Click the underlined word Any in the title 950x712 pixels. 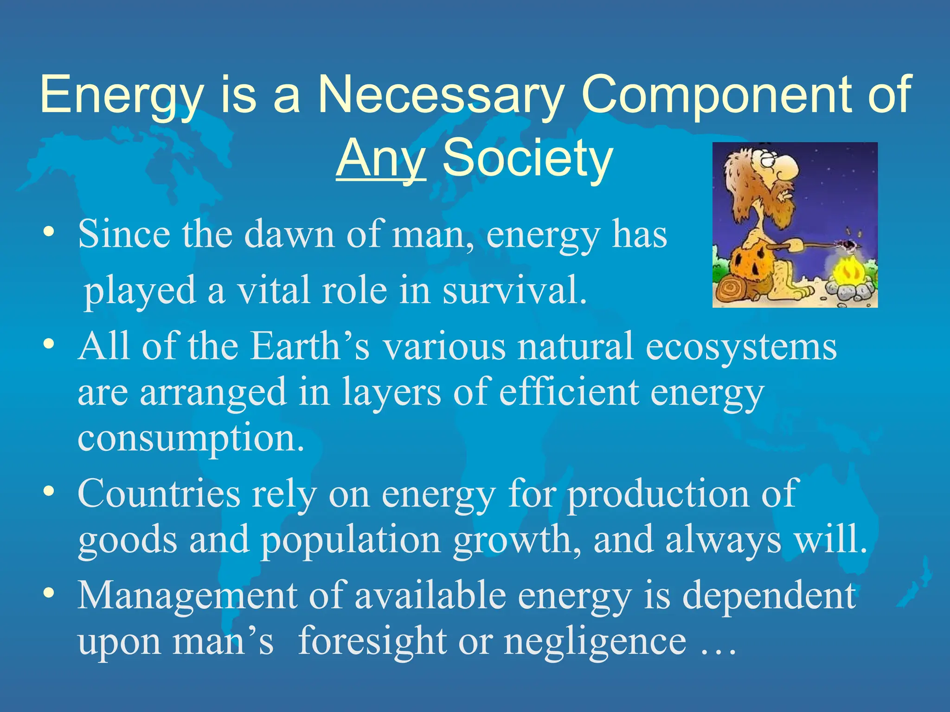(x=380, y=159)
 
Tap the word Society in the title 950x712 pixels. (x=528, y=159)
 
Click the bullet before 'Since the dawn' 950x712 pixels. (x=49, y=232)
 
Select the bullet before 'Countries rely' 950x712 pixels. (x=49, y=491)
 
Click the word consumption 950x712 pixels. (x=191, y=439)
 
